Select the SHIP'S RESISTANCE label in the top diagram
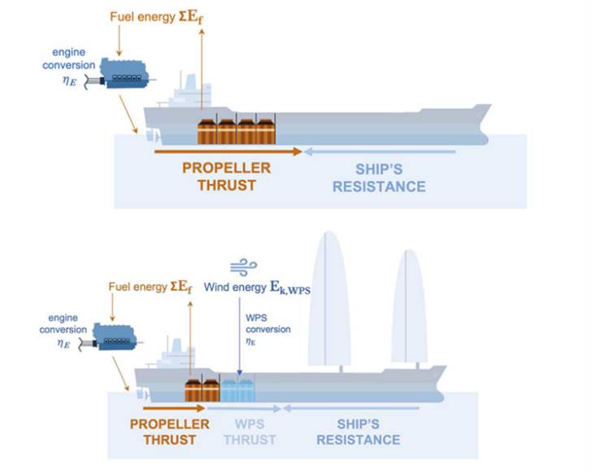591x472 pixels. coord(390,178)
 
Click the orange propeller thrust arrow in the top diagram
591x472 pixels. coord(228,151)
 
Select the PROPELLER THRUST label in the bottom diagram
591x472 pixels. coord(170,432)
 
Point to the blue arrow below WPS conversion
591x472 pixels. coord(239,353)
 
